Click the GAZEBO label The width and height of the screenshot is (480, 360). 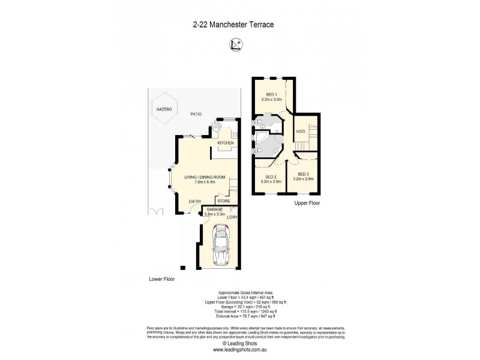(x=164, y=110)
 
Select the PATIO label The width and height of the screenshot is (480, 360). (x=196, y=113)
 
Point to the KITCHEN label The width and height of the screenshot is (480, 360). (x=217, y=142)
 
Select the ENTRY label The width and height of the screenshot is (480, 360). (x=195, y=201)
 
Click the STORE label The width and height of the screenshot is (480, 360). (x=224, y=201)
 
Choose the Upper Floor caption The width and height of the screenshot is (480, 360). (x=307, y=203)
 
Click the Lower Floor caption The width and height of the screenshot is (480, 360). (x=161, y=279)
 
